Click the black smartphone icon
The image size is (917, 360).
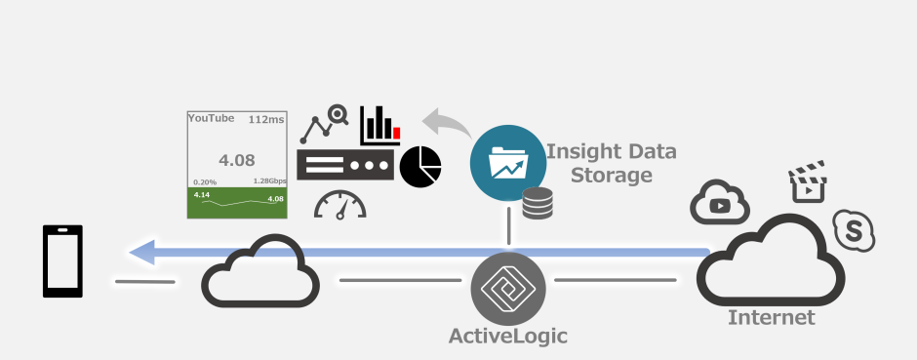click(62, 260)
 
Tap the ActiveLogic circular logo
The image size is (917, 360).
click(508, 289)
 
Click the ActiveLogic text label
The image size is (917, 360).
click(507, 337)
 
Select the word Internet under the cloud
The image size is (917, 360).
click(771, 318)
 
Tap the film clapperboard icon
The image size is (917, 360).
click(807, 182)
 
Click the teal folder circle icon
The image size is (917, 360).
click(508, 162)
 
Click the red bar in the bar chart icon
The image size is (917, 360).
click(396, 132)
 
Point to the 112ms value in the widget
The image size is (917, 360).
click(265, 119)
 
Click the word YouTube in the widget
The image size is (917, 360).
click(211, 118)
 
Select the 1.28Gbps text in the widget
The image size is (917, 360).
click(269, 181)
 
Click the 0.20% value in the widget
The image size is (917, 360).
click(205, 181)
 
